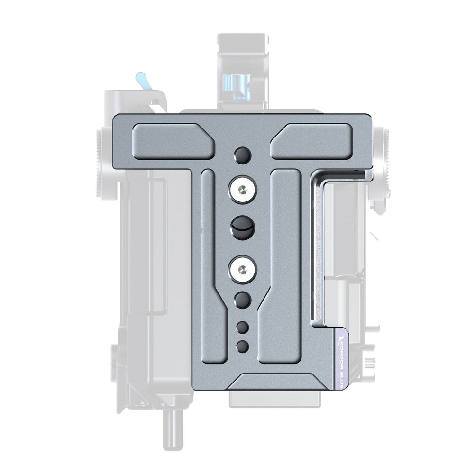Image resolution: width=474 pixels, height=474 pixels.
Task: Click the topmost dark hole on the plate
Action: [243, 155]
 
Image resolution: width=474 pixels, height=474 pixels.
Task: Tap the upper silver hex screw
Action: [243, 190]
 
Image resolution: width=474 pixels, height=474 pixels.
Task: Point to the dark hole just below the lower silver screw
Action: [243, 300]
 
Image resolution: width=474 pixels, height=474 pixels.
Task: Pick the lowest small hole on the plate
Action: [243, 346]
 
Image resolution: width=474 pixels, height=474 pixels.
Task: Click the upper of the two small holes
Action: [243, 327]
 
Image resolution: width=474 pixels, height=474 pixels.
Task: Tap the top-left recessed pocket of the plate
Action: [174, 141]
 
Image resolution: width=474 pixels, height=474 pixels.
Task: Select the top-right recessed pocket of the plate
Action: [311, 141]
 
